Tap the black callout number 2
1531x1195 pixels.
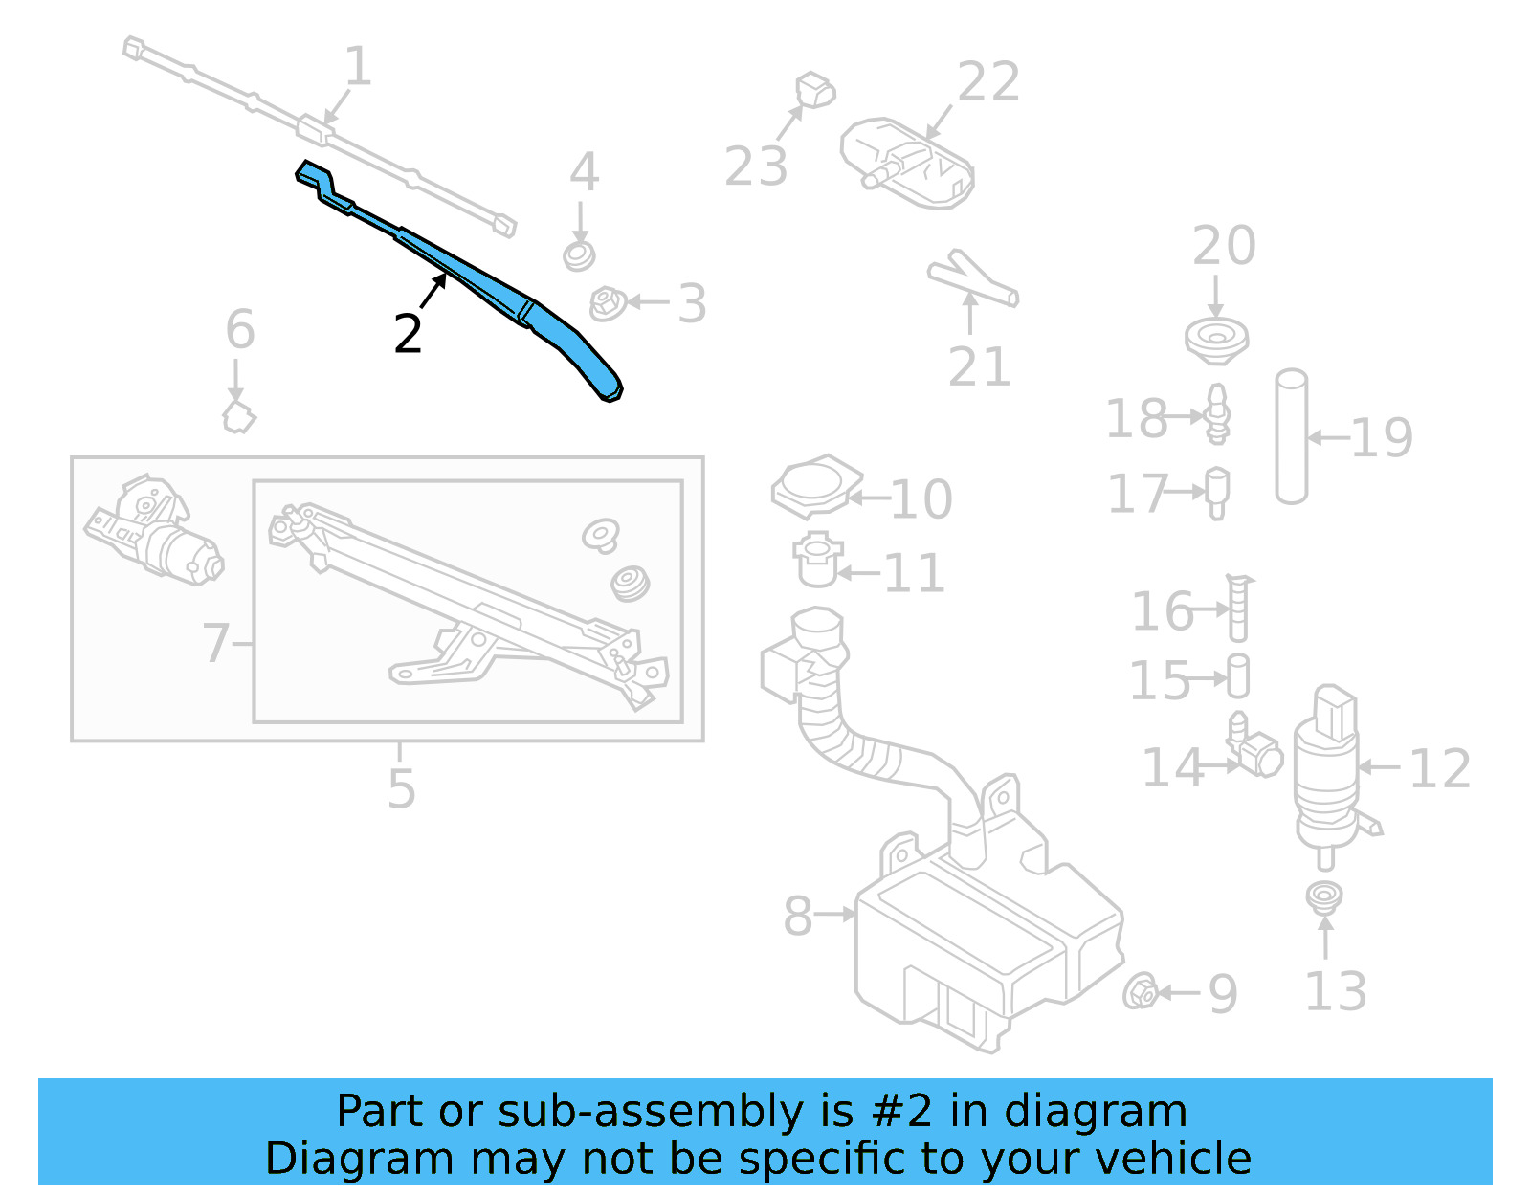[409, 334]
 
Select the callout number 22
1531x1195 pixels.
[988, 82]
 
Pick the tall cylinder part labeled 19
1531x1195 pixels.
[1291, 436]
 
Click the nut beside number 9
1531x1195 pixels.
[1141, 991]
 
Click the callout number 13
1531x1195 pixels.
[1335, 991]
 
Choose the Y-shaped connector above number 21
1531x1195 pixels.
[970, 278]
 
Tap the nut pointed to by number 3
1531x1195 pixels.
[608, 304]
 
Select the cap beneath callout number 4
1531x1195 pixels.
[579, 255]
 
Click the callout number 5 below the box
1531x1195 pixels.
[402, 788]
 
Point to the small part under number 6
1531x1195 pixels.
[238, 417]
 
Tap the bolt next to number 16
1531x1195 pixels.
[1238, 608]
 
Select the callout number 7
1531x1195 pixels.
[216, 643]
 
